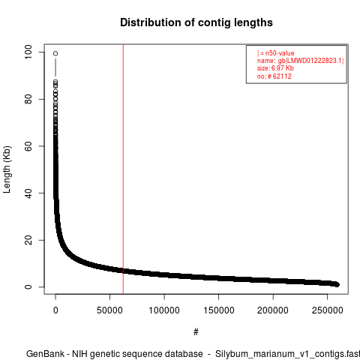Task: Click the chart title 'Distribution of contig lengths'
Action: click(196, 22)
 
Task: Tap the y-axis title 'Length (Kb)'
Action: click(7, 169)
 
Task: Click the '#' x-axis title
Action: click(196, 331)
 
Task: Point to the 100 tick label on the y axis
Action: click(28, 52)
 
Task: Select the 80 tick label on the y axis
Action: click(28, 99)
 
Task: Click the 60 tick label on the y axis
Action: click(28, 146)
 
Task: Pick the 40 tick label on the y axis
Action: click(28, 193)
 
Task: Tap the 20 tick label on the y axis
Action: click(28, 240)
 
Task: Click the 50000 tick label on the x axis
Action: click(109, 310)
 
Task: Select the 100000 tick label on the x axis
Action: click(164, 310)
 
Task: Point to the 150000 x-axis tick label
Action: click(219, 310)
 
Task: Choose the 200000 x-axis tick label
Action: click(273, 310)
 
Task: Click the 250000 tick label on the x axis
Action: click(328, 310)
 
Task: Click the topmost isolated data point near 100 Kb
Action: click(55, 53)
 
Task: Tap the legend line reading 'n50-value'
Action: click(276, 53)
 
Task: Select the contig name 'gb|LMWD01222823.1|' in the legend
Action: click(311, 61)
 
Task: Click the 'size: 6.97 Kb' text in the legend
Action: click(275, 68)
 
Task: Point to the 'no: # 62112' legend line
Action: click(274, 76)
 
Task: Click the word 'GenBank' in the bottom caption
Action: click(46, 354)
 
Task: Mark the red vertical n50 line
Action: click(123, 169)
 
